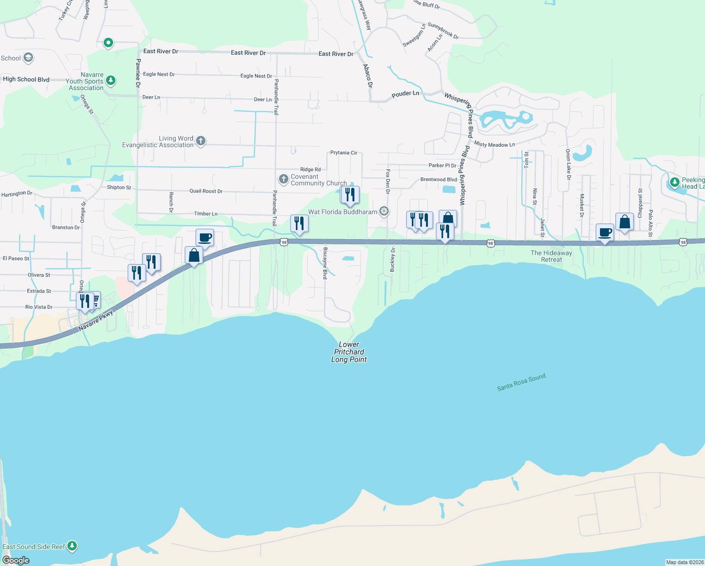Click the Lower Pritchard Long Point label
[349, 352]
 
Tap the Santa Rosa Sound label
[521, 382]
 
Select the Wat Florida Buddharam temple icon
[385, 211]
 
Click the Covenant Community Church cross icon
[283, 179]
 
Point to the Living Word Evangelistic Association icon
[201, 141]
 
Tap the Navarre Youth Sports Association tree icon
[111, 81]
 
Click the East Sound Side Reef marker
[72, 546]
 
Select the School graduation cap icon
[28, 58]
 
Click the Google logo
[16, 560]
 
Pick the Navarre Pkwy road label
[96, 320]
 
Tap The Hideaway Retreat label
[551, 256]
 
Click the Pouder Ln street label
[405, 94]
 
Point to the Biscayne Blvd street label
[325, 263]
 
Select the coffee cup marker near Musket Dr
[605, 233]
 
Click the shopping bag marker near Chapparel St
[624, 222]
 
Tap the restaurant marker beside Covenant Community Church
[350, 195]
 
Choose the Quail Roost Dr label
[206, 191]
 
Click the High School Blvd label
[26, 79]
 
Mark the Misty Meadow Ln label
[494, 144]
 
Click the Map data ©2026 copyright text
[685, 562]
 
